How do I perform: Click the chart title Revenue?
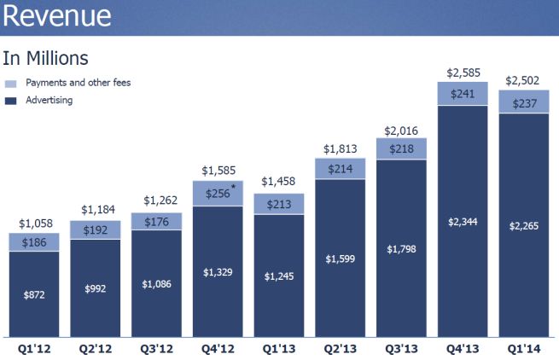(x=57, y=17)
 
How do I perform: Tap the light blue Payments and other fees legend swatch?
(x=10, y=84)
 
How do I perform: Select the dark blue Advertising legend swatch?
(x=10, y=100)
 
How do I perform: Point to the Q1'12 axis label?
(x=34, y=349)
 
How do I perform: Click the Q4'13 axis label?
(x=463, y=349)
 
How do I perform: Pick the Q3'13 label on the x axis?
(x=401, y=349)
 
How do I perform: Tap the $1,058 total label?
(x=34, y=224)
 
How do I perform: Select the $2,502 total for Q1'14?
(x=524, y=80)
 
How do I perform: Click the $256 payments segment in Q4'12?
(x=217, y=193)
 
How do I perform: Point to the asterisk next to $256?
(x=232, y=185)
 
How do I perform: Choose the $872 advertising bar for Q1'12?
(x=34, y=294)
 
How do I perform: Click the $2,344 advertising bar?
(x=463, y=222)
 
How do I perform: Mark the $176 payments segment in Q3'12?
(x=156, y=221)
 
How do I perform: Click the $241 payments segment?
(x=463, y=94)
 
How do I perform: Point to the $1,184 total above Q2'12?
(x=96, y=209)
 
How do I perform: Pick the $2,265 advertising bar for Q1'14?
(x=524, y=226)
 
